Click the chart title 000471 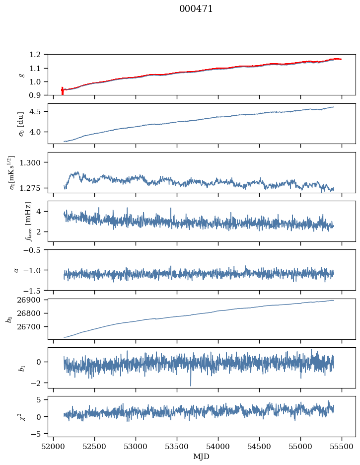196,9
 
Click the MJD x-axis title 202,457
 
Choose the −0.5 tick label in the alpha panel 35,250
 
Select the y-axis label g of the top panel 21,75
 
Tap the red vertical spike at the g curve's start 62,91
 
